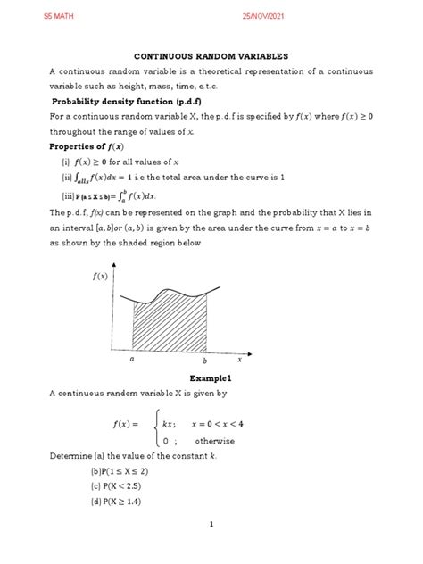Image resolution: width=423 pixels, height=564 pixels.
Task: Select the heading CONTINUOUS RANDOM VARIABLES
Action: [x=211, y=54]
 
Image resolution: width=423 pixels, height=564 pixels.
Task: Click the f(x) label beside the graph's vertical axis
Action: [x=98, y=278]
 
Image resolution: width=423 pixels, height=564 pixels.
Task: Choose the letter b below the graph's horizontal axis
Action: [x=204, y=361]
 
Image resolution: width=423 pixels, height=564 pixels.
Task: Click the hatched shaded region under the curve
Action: [x=170, y=321]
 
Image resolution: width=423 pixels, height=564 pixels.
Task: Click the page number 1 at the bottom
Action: [x=211, y=550]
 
